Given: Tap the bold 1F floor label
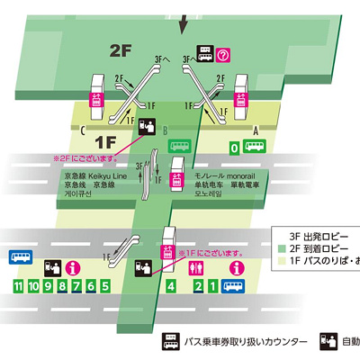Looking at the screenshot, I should point(107,140).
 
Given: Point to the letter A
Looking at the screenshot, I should point(256,130).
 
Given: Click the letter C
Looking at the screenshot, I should point(84,130).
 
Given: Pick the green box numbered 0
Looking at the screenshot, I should point(235,148).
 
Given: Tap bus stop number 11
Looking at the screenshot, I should point(17,286).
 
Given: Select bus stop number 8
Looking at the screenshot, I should point(62,286).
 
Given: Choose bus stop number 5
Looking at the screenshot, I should point(105,286).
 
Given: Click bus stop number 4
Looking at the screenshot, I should point(172,286).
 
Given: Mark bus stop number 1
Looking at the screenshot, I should point(212,286).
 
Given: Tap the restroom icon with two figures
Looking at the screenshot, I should point(198,268).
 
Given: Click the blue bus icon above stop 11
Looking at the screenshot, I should point(19,257).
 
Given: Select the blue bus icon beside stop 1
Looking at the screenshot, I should point(234,287).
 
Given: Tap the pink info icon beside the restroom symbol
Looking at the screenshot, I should point(238,268).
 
